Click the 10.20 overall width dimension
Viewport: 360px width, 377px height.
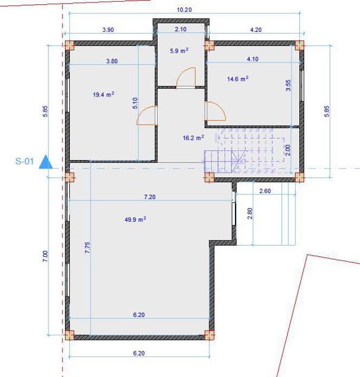(184, 10)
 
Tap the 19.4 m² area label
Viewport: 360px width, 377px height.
(104, 94)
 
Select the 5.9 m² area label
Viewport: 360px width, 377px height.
(179, 51)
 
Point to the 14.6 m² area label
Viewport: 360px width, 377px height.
(238, 78)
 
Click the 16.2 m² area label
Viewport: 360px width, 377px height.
(193, 138)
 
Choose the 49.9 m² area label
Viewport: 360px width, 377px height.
(136, 219)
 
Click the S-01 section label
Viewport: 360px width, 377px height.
(25, 161)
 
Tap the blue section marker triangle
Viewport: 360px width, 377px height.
(46, 162)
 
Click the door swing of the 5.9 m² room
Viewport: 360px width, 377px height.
(186, 77)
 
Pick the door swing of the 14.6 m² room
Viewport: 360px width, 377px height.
(215, 111)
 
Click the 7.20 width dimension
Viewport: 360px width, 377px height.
(150, 197)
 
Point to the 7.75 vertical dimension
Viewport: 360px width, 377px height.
(88, 248)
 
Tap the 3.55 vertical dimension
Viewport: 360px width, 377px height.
(288, 85)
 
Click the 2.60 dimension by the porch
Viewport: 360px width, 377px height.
(265, 191)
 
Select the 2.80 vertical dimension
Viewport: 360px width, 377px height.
(250, 213)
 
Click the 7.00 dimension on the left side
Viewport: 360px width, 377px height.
(45, 256)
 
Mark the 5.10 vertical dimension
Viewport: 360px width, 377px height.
(135, 103)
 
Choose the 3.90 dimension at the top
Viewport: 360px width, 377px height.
(108, 30)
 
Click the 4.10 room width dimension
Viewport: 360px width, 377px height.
(253, 59)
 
